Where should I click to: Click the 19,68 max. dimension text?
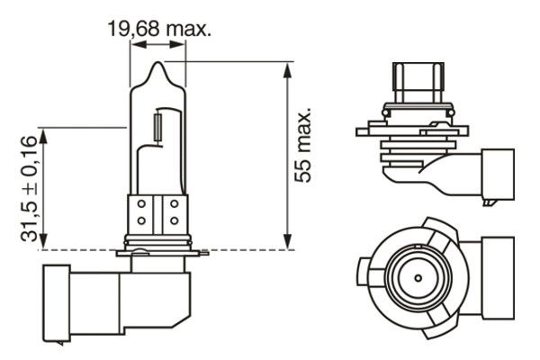158,29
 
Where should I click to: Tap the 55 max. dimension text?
302,144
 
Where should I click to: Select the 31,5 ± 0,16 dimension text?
29,188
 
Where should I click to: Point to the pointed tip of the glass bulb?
158,62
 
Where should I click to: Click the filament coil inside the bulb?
158,128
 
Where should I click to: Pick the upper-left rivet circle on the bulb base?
141,204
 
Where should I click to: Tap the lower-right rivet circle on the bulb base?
175,220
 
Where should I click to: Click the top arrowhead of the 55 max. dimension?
287,70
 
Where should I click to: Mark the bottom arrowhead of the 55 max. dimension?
287,241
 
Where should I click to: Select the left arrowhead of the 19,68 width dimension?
139,44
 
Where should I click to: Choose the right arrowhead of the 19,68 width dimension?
177,44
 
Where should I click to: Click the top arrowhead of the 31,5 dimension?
43,136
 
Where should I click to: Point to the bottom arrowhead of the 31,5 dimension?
43,241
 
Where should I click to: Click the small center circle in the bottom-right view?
418,278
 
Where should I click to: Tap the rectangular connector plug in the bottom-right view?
498,278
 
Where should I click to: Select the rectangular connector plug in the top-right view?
498,174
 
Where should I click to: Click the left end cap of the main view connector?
57,304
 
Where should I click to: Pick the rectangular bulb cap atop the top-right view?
418,83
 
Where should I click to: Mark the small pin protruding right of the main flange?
204,253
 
